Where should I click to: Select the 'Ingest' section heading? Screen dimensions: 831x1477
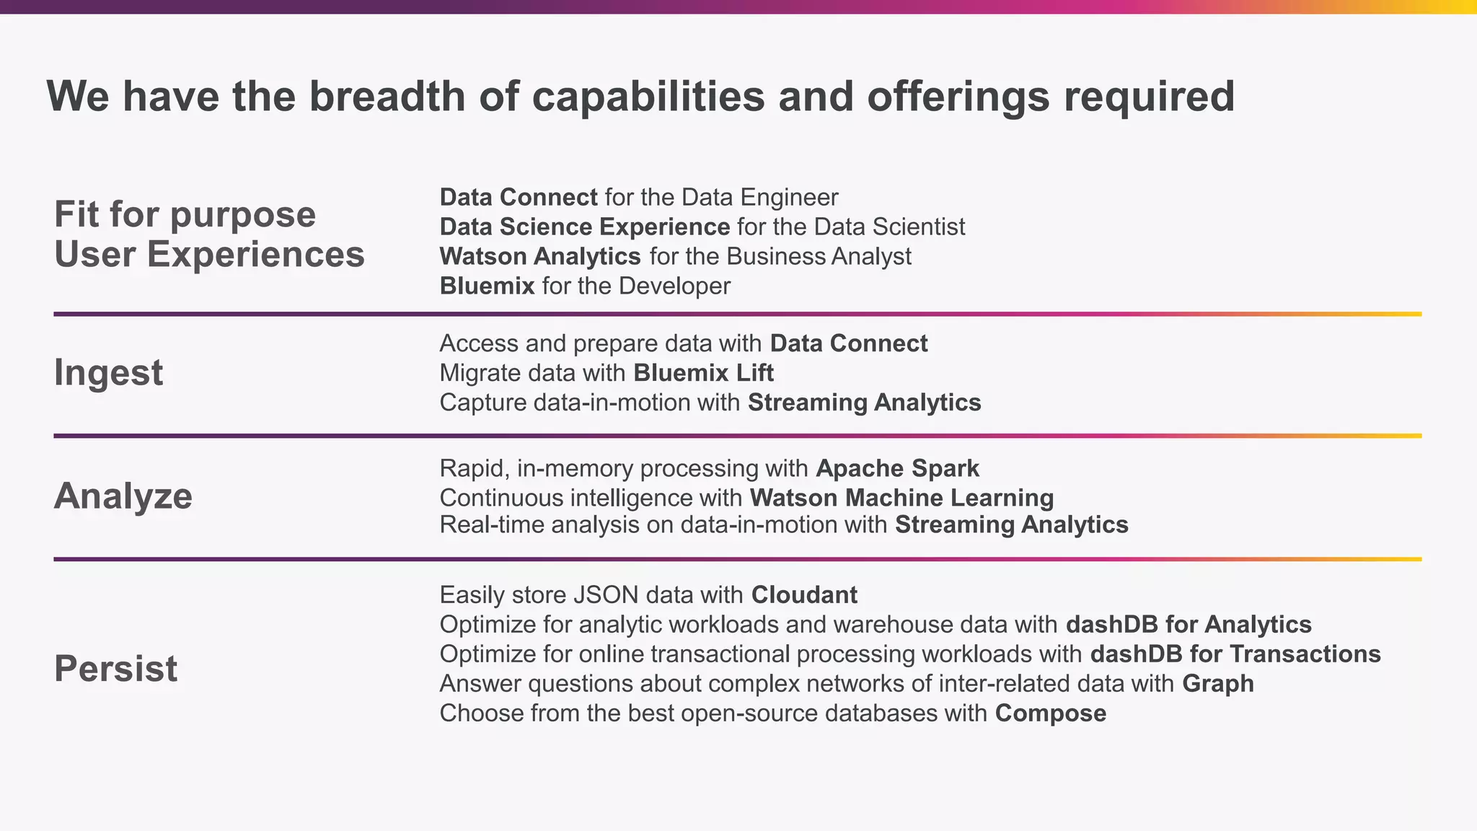(x=108, y=372)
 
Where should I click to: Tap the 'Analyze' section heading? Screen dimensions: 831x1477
(x=123, y=496)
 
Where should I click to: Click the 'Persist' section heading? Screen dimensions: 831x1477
(x=115, y=668)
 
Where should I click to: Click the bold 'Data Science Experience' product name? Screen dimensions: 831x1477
(x=584, y=227)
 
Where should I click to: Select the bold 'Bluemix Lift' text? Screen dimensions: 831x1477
(x=703, y=373)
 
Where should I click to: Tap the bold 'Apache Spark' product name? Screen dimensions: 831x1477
(x=897, y=468)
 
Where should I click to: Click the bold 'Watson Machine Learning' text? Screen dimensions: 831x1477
(x=901, y=498)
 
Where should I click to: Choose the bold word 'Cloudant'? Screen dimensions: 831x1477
(x=804, y=595)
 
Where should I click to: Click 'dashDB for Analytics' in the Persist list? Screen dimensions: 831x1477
(x=1189, y=624)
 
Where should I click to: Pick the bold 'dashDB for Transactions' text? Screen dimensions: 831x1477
(x=1235, y=654)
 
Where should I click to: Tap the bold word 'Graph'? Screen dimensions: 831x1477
(x=1217, y=683)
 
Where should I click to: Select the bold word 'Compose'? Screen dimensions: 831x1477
(x=1050, y=713)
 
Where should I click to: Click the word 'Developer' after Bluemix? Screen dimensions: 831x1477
(x=674, y=286)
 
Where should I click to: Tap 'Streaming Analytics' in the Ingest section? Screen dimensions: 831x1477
(x=864, y=403)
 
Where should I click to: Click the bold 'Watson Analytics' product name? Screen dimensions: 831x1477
(x=540, y=256)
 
